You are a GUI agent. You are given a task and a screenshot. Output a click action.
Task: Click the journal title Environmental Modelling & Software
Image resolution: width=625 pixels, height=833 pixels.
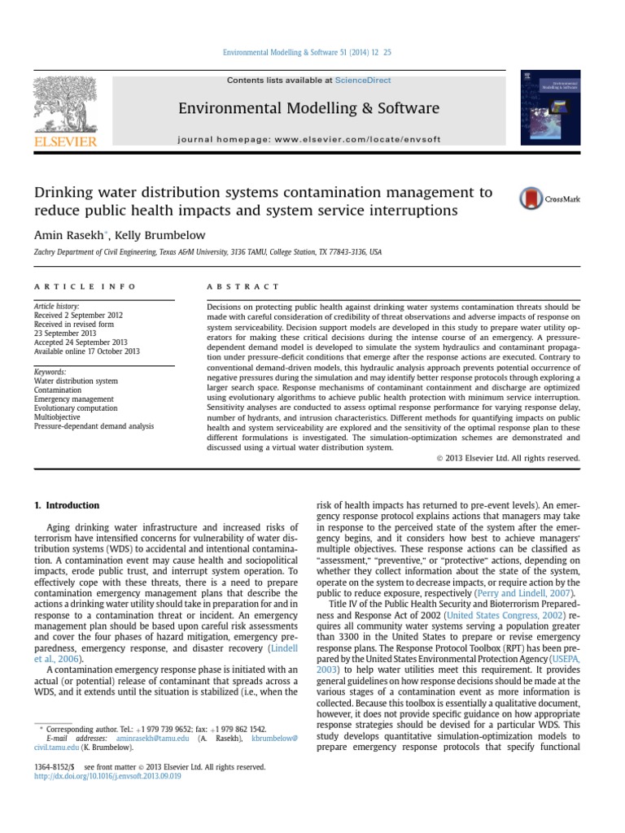(x=308, y=108)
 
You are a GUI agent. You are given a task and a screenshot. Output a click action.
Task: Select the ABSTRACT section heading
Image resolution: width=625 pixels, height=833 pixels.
(x=243, y=286)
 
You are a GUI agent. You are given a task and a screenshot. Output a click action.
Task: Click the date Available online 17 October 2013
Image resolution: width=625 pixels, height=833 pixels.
(x=87, y=351)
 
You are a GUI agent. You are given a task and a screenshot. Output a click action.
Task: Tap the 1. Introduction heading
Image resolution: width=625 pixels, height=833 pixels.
(x=67, y=506)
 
